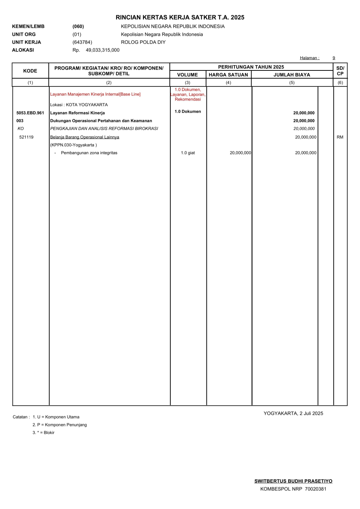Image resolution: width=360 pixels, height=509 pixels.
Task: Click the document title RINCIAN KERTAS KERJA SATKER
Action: pos(180,18)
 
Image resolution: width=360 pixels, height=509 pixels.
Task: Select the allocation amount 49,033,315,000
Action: pos(102,50)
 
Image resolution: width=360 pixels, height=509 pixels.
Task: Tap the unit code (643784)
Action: pos(82,42)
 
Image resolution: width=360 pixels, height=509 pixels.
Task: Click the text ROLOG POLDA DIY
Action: pos(143,42)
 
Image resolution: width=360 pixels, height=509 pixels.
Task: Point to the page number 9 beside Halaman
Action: pos(334,58)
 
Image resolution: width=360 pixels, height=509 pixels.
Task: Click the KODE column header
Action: pos(30,71)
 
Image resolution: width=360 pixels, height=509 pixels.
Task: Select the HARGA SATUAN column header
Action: pos(228,75)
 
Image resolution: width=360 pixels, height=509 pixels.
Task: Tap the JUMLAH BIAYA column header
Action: pos(292,75)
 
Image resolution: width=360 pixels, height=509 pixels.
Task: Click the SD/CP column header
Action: pos(340,71)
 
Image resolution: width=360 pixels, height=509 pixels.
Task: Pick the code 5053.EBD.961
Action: pos(30,113)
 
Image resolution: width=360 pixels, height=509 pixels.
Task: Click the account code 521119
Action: pos(26,137)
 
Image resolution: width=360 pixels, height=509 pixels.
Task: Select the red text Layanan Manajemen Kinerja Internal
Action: pos(95,94)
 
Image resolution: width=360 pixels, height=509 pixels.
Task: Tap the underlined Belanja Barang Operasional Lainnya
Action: pos(85,137)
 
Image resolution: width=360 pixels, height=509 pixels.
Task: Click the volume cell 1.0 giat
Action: pos(188,153)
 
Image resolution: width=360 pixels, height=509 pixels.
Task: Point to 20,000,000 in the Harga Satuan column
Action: pos(240,153)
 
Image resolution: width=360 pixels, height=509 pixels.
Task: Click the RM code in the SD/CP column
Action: pos(340,137)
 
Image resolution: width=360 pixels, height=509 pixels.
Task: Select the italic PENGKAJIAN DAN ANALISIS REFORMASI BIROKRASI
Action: pos(104,129)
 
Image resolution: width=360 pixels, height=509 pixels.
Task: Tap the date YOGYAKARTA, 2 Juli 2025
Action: pos(293,413)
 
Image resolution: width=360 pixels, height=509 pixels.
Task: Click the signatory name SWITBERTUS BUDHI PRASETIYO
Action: pos(293,481)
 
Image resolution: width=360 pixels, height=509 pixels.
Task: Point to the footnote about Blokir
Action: pos(44,433)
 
